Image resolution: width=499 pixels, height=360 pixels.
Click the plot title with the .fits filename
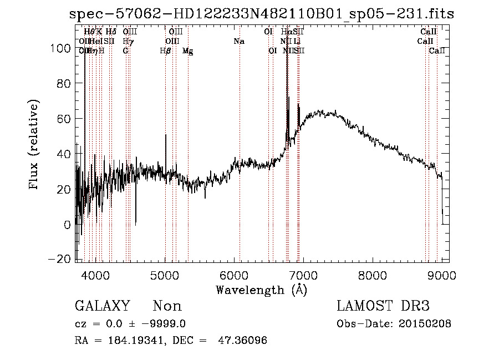[x=262, y=14]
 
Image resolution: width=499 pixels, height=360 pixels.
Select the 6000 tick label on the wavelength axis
[x=235, y=275]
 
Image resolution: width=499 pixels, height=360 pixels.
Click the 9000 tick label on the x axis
[x=441, y=275]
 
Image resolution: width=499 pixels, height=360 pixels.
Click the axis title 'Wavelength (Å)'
[x=261, y=290]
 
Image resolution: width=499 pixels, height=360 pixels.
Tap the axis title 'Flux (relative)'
[x=34, y=145]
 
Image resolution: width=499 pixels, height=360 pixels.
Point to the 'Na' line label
[x=238, y=41]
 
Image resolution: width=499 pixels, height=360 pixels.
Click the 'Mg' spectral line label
[x=188, y=51]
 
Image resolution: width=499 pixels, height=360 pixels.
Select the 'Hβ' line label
[x=165, y=51]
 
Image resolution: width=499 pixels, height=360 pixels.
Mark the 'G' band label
[x=126, y=51]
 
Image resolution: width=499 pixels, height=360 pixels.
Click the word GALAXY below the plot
[x=102, y=306]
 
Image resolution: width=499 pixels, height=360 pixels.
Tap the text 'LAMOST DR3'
[x=383, y=306]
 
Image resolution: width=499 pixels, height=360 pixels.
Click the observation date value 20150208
[x=426, y=323]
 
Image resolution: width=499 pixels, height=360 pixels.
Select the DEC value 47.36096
[x=244, y=340]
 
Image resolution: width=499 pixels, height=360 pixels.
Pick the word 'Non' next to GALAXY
[x=167, y=306]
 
